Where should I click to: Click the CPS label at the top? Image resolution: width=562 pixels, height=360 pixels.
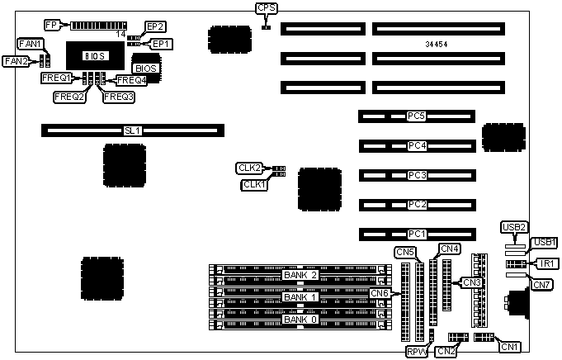[x=266, y=8]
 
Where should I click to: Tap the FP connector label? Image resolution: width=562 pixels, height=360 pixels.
[x=50, y=25]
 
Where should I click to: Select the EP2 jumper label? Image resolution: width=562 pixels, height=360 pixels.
[x=155, y=26]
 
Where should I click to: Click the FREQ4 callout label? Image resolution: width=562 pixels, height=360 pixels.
[x=131, y=80]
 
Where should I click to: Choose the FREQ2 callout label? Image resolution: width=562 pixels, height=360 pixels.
[x=70, y=97]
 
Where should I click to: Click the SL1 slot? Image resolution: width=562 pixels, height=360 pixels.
[x=132, y=130]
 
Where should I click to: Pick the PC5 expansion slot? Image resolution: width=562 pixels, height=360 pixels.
[x=416, y=116]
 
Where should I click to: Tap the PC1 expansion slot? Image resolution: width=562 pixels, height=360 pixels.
[x=416, y=234]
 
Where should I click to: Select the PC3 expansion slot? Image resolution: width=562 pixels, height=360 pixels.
[x=416, y=175]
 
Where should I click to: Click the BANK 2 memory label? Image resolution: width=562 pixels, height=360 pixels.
[x=300, y=275]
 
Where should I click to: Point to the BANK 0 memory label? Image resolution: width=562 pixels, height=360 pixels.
[x=300, y=319]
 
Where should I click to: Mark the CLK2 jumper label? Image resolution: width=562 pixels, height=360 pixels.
[x=249, y=168]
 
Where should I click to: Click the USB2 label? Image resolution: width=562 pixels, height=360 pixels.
[x=514, y=227]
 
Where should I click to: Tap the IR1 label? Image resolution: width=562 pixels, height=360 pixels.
[x=547, y=263]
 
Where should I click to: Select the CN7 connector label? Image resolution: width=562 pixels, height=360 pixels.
[x=541, y=285]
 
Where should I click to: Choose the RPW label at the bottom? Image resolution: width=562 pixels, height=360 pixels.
[x=417, y=351]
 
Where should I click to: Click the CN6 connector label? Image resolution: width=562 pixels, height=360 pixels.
[x=380, y=293]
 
